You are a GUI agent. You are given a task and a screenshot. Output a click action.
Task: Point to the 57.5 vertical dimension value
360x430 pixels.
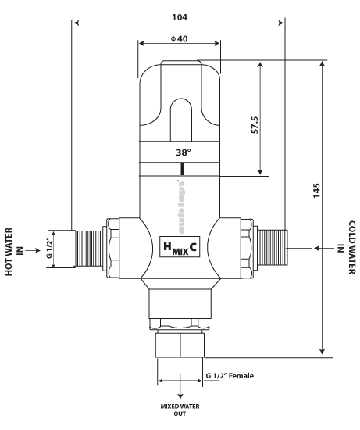255,126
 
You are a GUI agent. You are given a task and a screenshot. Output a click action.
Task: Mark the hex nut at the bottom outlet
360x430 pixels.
181,344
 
